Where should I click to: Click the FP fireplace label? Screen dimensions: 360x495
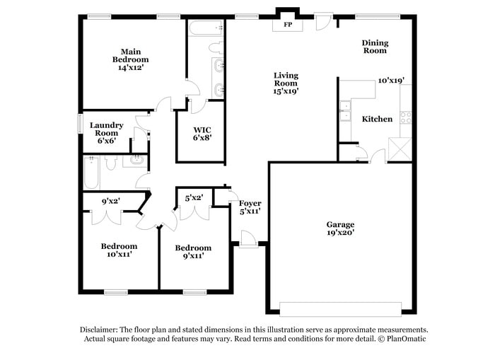288,24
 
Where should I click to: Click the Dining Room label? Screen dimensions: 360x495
375,47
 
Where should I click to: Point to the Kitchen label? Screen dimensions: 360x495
377,119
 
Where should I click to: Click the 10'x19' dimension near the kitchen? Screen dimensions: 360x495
390,81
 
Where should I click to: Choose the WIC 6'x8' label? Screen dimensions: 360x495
200,134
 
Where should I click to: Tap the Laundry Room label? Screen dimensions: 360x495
106,133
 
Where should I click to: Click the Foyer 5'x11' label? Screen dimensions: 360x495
250,207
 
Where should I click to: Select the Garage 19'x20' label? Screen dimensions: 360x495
339,227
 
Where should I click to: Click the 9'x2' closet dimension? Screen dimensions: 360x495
110,201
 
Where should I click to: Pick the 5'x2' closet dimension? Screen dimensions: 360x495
193,198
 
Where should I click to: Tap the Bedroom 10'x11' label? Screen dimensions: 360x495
118,250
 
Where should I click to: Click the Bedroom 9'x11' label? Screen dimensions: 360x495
193,252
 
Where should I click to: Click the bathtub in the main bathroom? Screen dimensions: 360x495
206,29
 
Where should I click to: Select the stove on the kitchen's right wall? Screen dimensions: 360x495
406,117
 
